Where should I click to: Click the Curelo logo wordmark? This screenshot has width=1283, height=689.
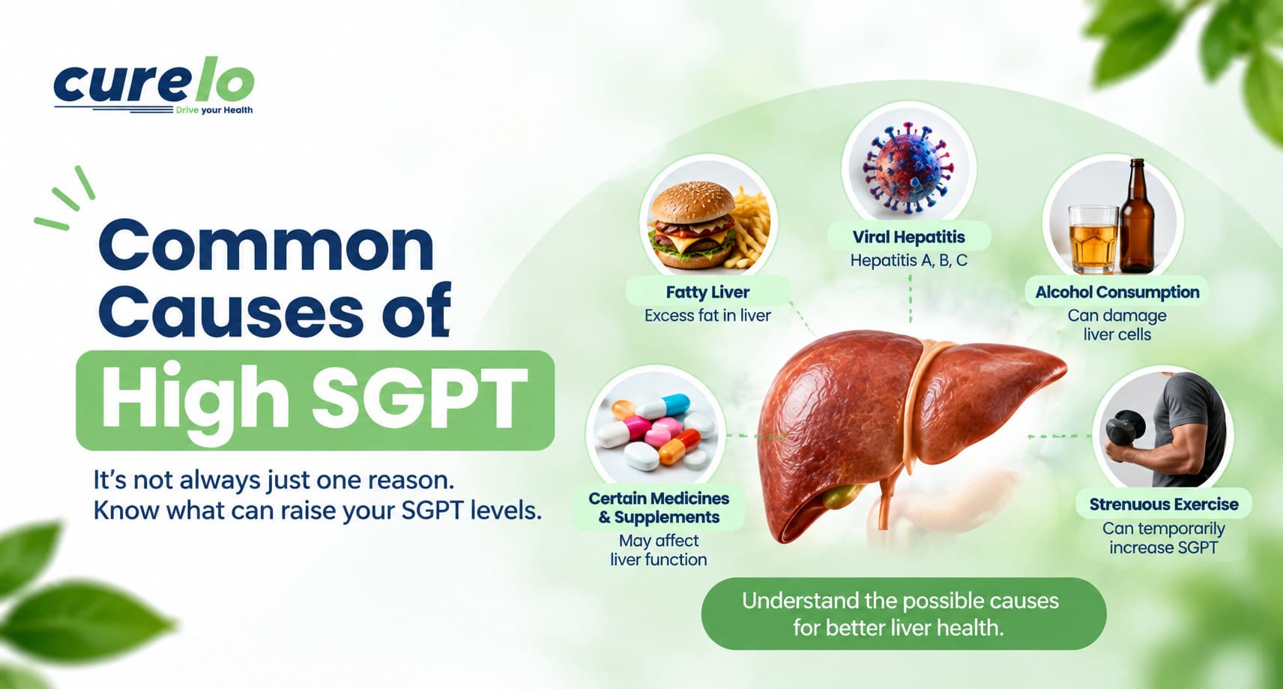[154, 85]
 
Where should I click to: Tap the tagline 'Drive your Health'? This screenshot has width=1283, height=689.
[214, 110]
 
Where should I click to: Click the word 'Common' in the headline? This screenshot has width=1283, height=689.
[267, 247]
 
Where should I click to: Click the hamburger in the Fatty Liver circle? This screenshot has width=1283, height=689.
[693, 225]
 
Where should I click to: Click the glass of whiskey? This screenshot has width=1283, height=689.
[1093, 240]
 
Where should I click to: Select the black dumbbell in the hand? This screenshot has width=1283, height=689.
[1125, 427]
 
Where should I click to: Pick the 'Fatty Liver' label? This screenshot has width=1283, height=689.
[707, 292]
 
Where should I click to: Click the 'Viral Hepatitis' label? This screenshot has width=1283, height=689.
[908, 237]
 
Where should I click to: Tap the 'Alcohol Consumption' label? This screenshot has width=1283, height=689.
[1117, 292]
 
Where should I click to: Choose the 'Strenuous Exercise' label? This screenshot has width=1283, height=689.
[1163, 505]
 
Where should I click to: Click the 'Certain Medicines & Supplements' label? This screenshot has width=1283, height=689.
[659, 508]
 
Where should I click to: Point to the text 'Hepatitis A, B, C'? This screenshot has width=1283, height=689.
[908, 261]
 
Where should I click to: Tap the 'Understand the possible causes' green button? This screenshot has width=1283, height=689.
[903, 614]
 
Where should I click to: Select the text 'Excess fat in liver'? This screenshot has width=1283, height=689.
[707, 316]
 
